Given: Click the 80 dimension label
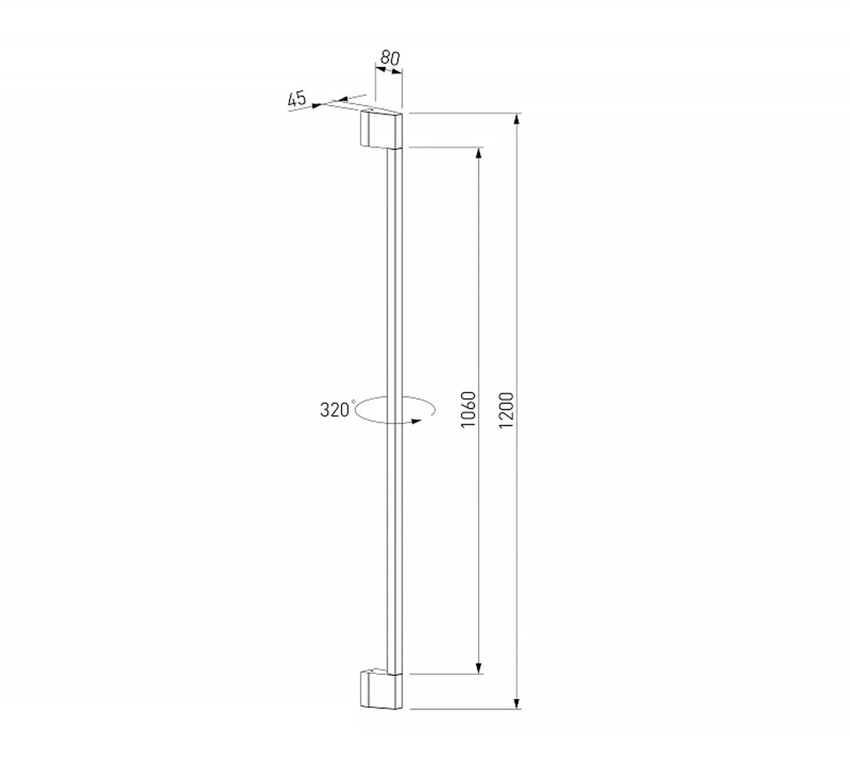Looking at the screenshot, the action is click(390, 58).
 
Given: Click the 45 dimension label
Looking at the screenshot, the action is click(297, 99).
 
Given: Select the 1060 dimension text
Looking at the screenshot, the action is click(467, 410).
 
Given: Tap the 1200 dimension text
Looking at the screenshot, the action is click(507, 410).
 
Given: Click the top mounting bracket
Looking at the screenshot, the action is click(382, 129).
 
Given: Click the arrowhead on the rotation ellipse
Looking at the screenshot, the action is click(416, 421).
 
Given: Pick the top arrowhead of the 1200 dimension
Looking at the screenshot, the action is click(517, 120).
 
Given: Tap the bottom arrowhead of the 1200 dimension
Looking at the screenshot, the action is click(517, 702).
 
